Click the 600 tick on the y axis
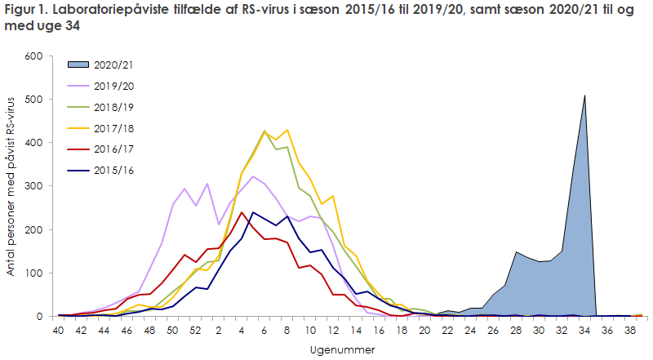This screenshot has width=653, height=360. tap(33, 56)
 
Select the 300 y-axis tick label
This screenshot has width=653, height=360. tap(33, 186)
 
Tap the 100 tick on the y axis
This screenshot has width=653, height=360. tap(33, 273)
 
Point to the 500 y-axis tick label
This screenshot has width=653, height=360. tap(33, 100)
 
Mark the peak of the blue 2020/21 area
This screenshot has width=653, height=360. tap(584, 96)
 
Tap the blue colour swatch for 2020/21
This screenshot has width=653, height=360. tap(81, 63)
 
